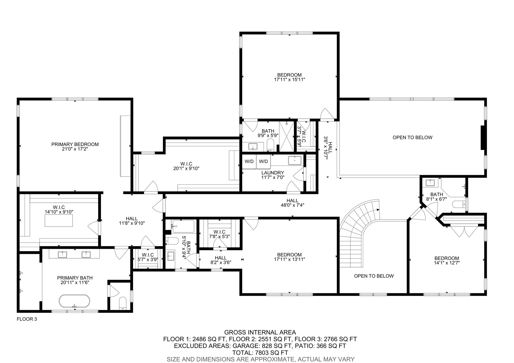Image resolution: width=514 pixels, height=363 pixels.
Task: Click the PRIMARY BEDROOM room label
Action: pyautogui.click(x=75, y=144)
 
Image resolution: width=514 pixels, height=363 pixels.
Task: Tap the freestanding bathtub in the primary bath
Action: pyautogui.click(x=74, y=301)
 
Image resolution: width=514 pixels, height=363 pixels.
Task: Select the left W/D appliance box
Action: pyautogui.click(x=249, y=162)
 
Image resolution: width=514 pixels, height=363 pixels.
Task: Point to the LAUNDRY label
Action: pyautogui.click(x=273, y=173)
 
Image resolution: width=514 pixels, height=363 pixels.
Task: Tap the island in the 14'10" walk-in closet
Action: pyautogui.click(x=59, y=221)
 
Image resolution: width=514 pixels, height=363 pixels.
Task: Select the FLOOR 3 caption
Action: pyautogui.click(x=27, y=319)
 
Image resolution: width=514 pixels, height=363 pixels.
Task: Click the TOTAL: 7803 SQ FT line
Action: pyautogui.click(x=260, y=352)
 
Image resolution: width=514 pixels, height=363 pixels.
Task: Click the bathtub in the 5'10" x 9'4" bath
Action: pyautogui.click(x=183, y=226)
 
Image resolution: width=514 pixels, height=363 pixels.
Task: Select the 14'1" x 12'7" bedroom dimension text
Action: pyautogui.click(x=447, y=263)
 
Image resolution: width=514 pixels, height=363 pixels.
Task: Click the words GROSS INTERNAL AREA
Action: pyautogui.click(x=260, y=332)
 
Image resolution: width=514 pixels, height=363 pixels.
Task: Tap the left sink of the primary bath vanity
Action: pyautogui.click(x=62, y=255)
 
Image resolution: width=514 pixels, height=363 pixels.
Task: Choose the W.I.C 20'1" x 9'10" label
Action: pyautogui.click(x=186, y=166)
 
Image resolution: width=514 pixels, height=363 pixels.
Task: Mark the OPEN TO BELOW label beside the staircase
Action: pyautogui.click(x=374, y=276)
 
